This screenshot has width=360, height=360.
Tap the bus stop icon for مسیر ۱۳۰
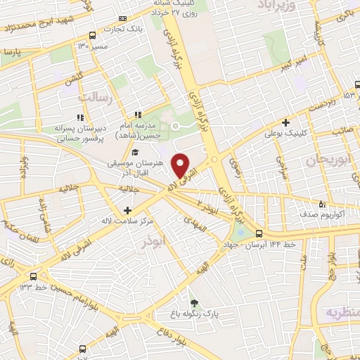click(93, 35)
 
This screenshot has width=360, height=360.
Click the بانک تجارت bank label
click(103, 29)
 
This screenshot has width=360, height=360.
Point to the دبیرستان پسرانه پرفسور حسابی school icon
click(81, 117)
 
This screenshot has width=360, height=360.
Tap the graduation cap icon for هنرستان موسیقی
click(135, 153)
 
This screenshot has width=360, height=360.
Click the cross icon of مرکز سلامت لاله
click(127, 210)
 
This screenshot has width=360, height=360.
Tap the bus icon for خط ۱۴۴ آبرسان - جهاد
click(259, 234)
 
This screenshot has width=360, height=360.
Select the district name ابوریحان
click(330, 160)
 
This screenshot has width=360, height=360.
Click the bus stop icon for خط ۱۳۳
click(34, 276)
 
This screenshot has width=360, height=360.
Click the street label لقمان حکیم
click(14, 224)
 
